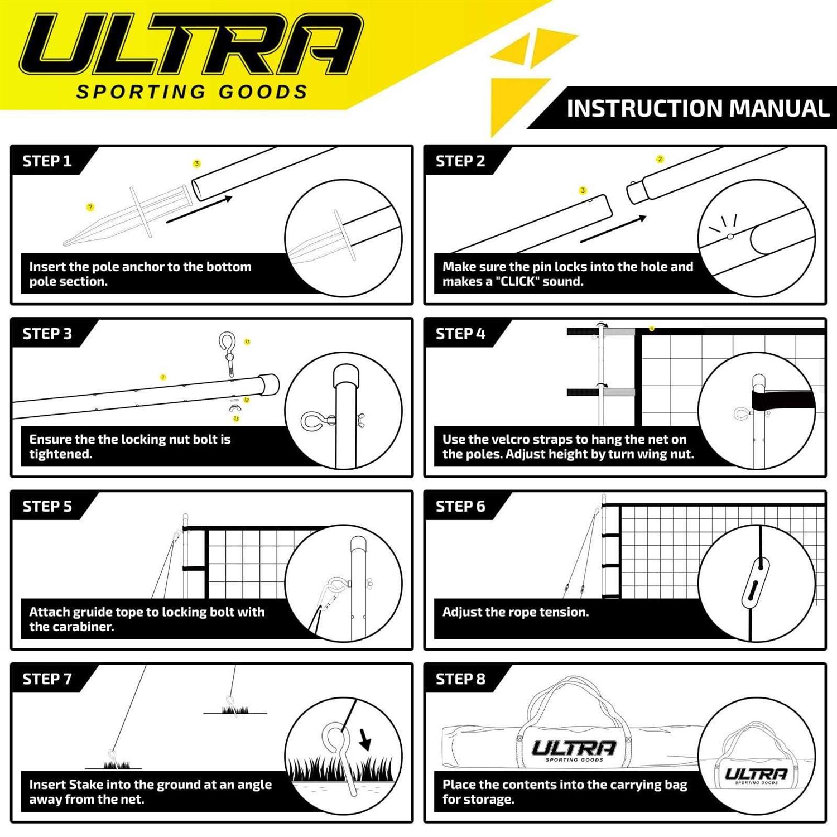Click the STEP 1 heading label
tap(47, 161)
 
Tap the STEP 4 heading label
tap(460, 334)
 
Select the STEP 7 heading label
tap(47, 679)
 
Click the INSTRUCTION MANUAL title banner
tap(698, 108)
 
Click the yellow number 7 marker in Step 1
tap(90, 207)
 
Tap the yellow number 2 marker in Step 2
tap(660, 159)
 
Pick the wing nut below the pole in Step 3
tap(234, 409)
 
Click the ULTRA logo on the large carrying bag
tap(574, 749)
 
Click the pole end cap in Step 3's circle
tap(345, 377)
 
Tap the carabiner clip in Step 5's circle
tap(329, 597)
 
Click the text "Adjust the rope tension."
tap(515, 612)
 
